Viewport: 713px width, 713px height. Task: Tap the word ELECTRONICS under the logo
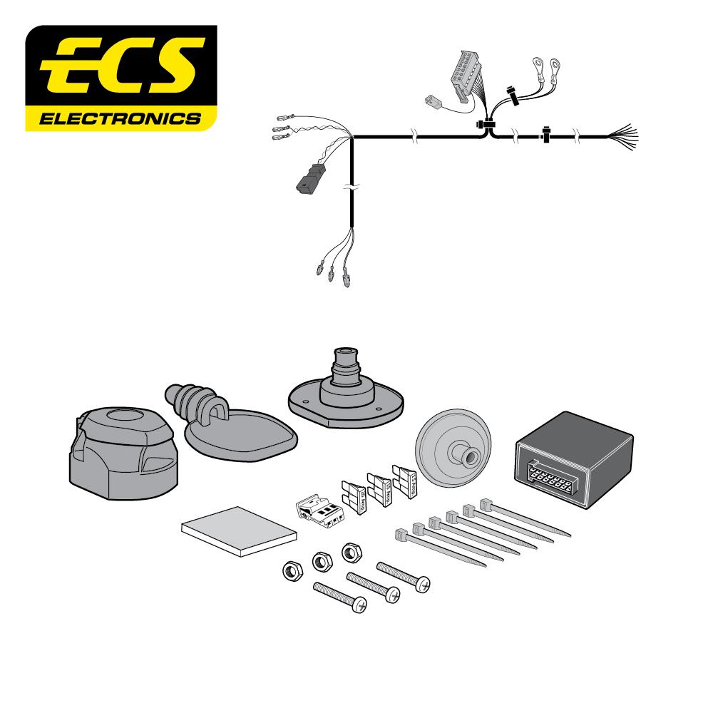pos(121,118)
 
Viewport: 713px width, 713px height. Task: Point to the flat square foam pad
pos(238,532)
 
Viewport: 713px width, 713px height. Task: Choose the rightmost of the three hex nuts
pos(351,551)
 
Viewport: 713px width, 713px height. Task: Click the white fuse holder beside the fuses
pos(317,509)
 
